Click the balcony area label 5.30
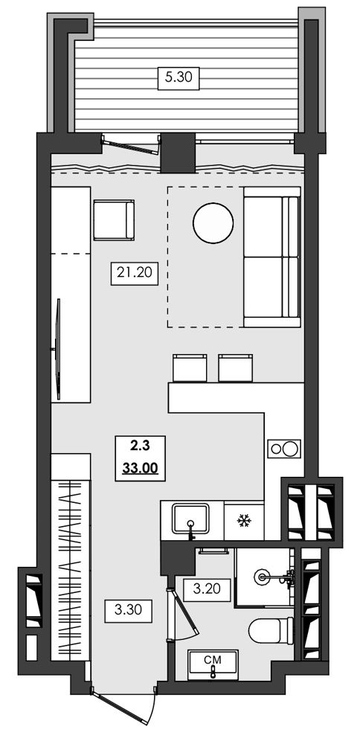tap(179, 77)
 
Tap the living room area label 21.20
tap(134, 273)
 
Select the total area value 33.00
tap(140, 468)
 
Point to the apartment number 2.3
tap(140, 445)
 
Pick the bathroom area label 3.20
tap(207, 590)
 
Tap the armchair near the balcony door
tap(114, 220)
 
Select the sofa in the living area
tap(272, 257)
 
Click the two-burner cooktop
tap(284, 449)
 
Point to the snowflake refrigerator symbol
tap(244, 522)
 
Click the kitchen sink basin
tap(190, 519)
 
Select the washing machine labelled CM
tap(213, 664)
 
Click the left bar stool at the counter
tap(190, 368)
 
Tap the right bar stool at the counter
tap(236, 368)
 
